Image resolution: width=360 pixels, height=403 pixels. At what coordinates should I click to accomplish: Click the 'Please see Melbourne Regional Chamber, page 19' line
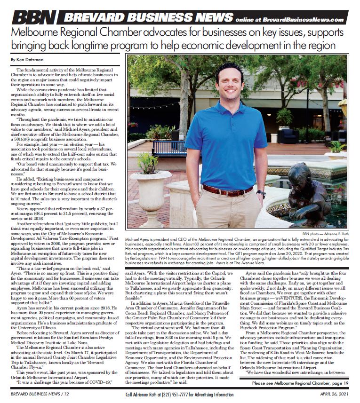click(300, 383)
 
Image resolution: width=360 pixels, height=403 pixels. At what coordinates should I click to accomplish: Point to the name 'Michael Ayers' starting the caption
click(141, 239)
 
